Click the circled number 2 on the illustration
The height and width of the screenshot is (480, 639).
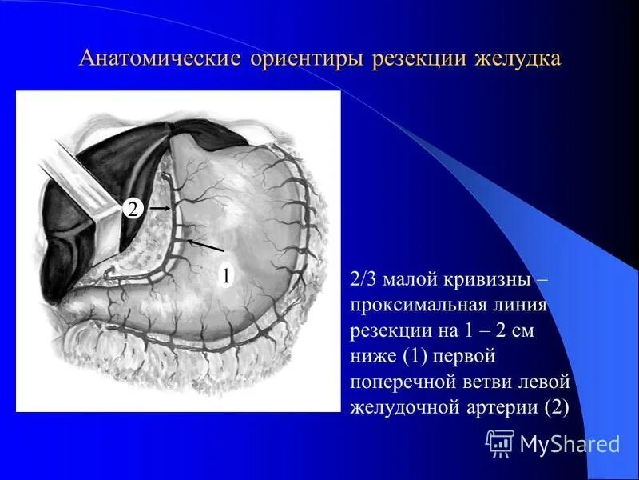[x=131, y=209]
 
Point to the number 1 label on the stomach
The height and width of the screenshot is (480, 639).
[x=226, y=275]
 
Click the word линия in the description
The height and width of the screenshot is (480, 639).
[x=517, y=306]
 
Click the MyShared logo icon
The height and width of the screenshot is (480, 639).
[x=499, y=442]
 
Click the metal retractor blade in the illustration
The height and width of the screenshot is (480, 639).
[x=80, y=176]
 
